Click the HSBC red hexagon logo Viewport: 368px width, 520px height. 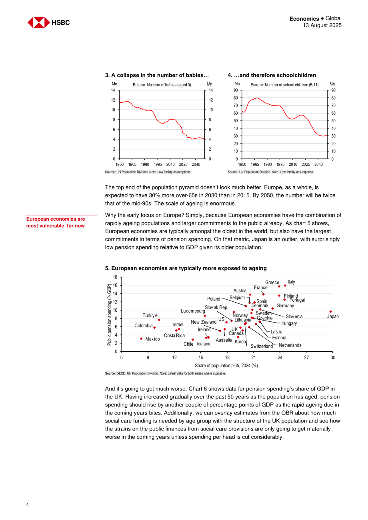point(39,22)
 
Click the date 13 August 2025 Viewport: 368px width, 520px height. point(322,25)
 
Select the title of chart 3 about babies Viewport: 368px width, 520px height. point(157,75)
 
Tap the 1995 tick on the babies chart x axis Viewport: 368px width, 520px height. point(158,164)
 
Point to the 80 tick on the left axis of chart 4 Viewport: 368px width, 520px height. point(236,98)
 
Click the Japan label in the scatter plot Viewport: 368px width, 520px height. point(333,317)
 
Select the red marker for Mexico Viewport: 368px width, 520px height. point(141,339)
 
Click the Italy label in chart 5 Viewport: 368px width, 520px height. point(291,282)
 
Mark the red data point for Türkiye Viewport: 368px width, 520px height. point(159,320)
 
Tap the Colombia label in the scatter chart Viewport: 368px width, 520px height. point(144,325)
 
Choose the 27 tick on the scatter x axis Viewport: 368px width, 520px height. point(306,357)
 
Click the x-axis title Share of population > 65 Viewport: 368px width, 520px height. point(226,366)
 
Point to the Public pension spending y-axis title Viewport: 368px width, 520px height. point(109,315)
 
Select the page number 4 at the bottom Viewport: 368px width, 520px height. point(28,504)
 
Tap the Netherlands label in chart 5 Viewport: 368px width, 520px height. point(290,345)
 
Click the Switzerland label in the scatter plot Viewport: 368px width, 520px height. point(262,347)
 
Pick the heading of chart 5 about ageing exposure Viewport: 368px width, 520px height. point(186,268)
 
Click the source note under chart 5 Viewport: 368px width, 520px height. point(165,373)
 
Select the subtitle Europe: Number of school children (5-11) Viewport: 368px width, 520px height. point(284,85)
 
